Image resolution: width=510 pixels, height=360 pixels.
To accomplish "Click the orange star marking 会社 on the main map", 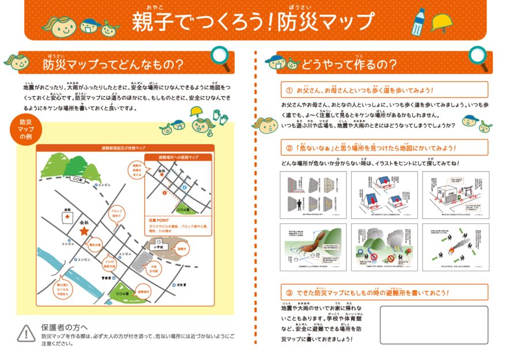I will point(84,231).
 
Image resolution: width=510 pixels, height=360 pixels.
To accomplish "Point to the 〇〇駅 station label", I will point(77,179).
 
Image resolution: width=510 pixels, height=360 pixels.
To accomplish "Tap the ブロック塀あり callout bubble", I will point(116,213).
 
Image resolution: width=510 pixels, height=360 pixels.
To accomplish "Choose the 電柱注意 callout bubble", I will point(95,245).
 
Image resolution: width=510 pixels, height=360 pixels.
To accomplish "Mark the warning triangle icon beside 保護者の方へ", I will point(26,332).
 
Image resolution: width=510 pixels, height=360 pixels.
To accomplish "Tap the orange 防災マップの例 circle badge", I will point(26,130).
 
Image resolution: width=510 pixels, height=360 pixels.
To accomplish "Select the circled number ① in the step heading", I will point(289,90).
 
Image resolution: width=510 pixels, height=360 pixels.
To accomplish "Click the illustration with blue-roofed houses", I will point(384,192).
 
